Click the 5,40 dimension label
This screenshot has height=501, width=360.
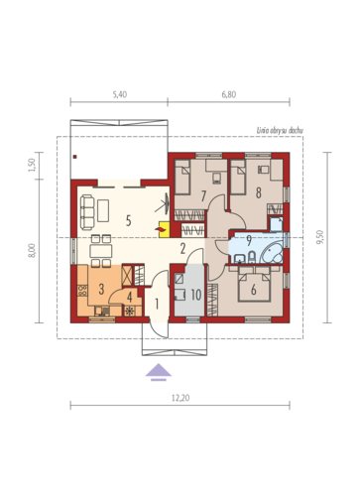click(120, 94)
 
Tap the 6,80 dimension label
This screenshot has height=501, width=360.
click(229, 94)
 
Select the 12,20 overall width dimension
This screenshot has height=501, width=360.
click(180, 398)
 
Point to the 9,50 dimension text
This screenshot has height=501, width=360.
click(319, 237)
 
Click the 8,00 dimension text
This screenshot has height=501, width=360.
click(32, 250)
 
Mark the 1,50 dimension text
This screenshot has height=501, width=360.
click(32, 165)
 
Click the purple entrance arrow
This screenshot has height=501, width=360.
click(159, 372)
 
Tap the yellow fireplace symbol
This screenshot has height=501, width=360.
click(164, 229)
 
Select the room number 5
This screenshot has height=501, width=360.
click(129, 220)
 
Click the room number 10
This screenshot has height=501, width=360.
click(196, 295)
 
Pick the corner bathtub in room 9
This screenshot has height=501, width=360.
click(272, 254)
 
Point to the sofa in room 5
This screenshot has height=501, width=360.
click(87, 212)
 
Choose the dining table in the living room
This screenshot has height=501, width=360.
click(101, 251)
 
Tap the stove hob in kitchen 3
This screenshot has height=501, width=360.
click(82, 291)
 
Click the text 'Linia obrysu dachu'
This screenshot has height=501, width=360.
click(280, 131)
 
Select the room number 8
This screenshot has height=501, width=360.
click(258, 192)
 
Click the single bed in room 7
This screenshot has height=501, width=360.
click(182, 177)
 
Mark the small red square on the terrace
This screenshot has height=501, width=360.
click(75, 157)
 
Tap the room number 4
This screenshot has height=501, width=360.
click(130, 298)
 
